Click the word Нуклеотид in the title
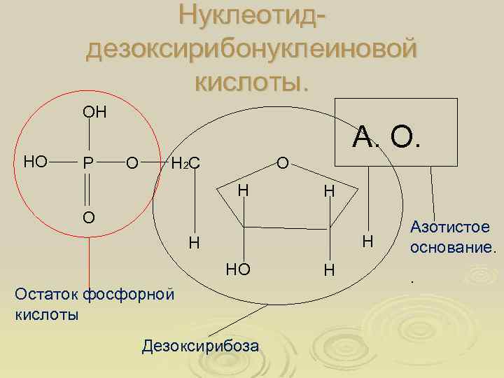252,15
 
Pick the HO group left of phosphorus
36,162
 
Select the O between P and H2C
131,164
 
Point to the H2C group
186,164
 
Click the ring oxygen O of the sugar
282,164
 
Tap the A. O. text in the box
387,137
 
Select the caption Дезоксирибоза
200,346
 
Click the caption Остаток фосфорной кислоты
93,303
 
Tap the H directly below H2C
195,244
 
